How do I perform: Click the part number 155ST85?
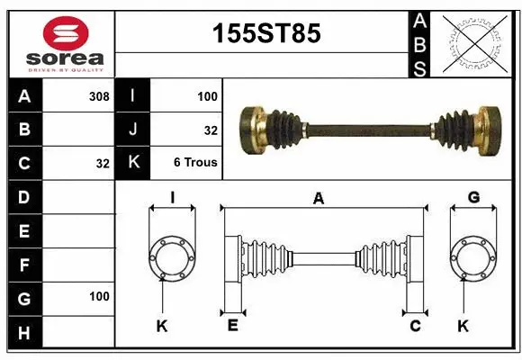click(264, 34)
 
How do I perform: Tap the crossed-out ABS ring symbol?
click(475, 43)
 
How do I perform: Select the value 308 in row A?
click(99, 94)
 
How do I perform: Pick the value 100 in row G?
click(99, 296)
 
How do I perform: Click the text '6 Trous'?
click(195, 163)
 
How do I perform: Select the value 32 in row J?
click(211, 130)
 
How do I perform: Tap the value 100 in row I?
click(208, 94)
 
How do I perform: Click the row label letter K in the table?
click(133, 163)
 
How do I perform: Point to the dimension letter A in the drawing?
click(317, 199)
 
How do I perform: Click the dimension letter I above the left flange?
click(172, 198)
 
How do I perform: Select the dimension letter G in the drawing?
click(473, 198)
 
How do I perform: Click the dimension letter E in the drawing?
click(231, 326)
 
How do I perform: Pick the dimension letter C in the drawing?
click(415, 326)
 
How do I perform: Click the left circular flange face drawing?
click(171, 258)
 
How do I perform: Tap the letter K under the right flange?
click(463, 326)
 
